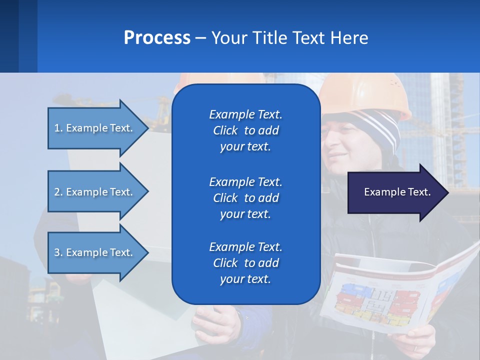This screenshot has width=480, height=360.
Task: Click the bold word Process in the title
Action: [x=157, y=38]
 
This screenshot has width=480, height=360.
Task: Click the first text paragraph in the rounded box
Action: [x=245, y=130]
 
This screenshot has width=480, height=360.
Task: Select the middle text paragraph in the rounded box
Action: [x=245, y=197]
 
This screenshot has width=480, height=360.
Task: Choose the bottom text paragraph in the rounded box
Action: [x=245, y=262]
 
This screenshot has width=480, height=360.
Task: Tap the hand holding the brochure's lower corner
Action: [x=415, y=340]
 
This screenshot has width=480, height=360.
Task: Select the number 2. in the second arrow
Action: [x=58, y=192]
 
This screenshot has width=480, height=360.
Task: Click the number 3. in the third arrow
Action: [x=58, y=252]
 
